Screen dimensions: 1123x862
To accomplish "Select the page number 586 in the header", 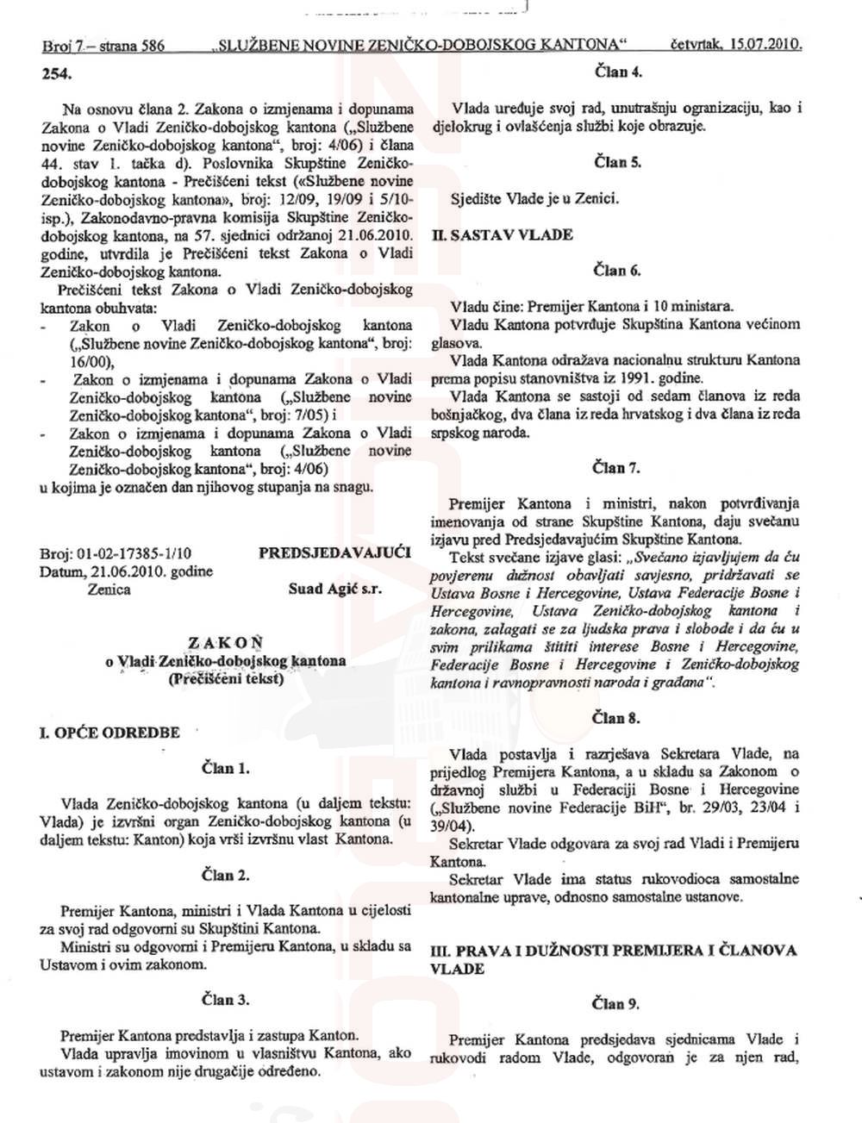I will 148,45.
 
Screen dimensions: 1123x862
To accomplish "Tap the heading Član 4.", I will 618,72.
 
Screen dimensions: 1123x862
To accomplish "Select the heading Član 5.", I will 618,161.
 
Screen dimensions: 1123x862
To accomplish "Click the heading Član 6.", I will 617,271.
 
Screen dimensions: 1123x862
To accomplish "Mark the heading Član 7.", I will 617,468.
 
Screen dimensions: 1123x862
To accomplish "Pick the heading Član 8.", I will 617,718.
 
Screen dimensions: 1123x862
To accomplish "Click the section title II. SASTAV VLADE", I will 502,234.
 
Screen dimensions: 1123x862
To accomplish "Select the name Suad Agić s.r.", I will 335,590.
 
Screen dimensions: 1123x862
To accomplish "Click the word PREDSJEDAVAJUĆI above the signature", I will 334,552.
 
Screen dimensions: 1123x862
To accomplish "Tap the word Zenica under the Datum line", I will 109,590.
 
